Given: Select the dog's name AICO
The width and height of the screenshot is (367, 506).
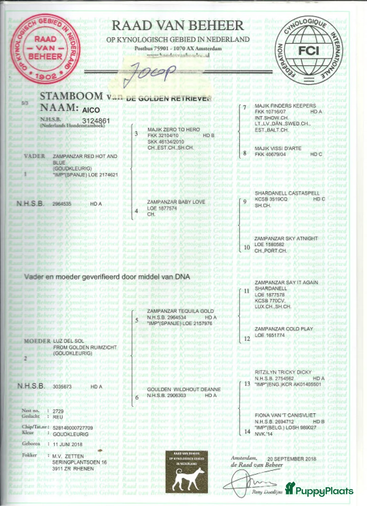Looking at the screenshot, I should (x=91, y=110).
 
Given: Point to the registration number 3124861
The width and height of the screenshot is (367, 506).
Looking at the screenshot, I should (x=96, y=121).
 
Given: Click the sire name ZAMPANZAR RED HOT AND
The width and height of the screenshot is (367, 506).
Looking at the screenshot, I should (x=85, y=156).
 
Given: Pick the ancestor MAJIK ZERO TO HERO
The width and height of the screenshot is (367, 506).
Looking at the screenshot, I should (x=173, y=129).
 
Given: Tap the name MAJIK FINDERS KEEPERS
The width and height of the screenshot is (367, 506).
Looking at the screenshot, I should (x=285, y=106).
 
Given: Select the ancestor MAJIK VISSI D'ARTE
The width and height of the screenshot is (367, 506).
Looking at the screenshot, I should (x=278, y=148).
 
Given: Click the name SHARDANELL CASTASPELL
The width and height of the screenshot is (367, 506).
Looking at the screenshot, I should (x=287, y=193).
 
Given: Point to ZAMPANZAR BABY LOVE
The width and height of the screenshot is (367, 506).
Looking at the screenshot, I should (x=176, y=202).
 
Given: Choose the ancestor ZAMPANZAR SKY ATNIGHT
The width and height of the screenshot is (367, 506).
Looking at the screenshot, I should (x=286, y=239).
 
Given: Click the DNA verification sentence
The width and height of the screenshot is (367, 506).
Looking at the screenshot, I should (x=107, y=277).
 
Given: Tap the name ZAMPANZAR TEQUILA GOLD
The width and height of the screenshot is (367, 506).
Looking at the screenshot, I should (x=180, y=311).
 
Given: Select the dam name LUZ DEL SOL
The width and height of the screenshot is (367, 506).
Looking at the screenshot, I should (x=68, y=341).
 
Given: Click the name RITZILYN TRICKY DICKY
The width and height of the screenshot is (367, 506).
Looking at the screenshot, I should (x=283, y=372).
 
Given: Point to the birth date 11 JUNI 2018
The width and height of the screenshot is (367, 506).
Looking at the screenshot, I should (x=68, y=444).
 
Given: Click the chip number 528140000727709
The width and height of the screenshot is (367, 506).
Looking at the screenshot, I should (x=73, y=428).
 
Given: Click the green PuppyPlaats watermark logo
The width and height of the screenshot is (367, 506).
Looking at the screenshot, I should (x=319, y=490).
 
